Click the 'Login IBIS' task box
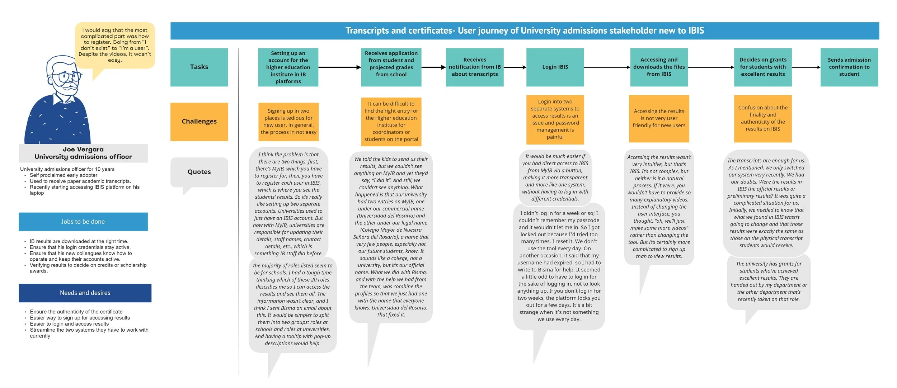(555, 67)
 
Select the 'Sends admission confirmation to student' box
(849, 67)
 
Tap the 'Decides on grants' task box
(762, 67)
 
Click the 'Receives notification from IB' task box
(474, 67)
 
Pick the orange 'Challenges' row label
(199, 122)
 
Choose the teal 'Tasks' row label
(199, 67)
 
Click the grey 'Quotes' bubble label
(199, 172)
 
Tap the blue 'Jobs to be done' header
(83, 222)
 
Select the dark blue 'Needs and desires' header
(85, 293)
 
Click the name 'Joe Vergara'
(83, 150)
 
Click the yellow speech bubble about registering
(115, 45)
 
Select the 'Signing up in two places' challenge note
(288, 122)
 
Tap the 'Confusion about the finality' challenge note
(762, 118)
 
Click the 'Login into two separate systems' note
(555, 119)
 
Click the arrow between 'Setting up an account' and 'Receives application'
(339, 67)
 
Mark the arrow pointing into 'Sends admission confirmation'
(806, 67)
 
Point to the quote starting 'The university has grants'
(769, 281)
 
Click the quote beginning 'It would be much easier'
(555, 178)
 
